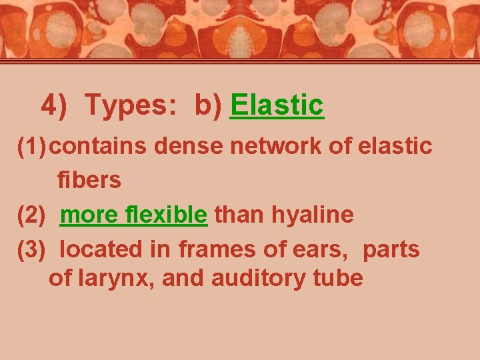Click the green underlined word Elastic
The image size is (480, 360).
277,105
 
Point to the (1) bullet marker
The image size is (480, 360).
32,146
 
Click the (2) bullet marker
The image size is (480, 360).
32,215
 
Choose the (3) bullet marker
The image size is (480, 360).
32,249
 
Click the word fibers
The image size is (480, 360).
89,180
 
